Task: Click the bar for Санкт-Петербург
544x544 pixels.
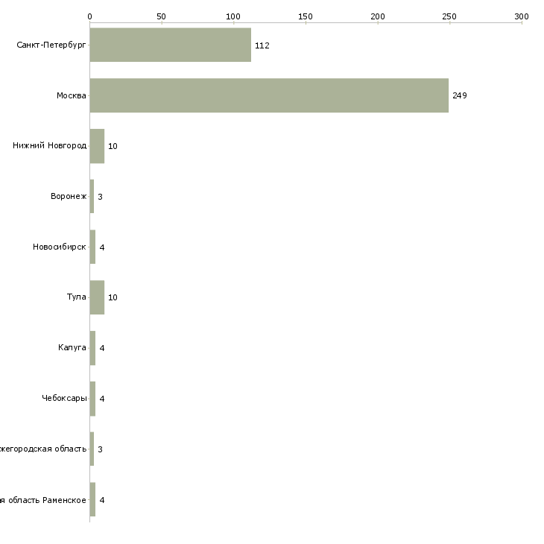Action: coord(170,45)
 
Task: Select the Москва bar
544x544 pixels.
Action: coord(269,95)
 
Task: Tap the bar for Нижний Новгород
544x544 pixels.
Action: coord(97,146)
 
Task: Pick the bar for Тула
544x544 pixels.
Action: coord(97,297)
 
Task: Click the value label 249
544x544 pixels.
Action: coord(459,95)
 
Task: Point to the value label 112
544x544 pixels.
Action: coord(262,45)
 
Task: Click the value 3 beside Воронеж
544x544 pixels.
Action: coord(100,197)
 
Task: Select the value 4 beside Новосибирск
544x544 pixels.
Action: coord(101,247)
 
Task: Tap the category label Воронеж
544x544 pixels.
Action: coord(69,197)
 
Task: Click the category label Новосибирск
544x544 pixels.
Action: coord(60,247)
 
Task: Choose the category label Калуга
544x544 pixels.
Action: coord(72,348)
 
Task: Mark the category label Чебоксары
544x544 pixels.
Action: coord(64,399)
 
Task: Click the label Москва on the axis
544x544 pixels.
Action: coord(72,95)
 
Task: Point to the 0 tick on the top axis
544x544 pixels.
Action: coord(89,16)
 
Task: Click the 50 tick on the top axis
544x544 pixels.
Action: coord(161,16)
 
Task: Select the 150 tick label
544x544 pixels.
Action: coord(306,16)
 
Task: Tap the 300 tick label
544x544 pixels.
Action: coord(522,16)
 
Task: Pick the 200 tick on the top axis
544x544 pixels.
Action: coord(377,16)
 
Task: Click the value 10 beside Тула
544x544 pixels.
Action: coord(113,297)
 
